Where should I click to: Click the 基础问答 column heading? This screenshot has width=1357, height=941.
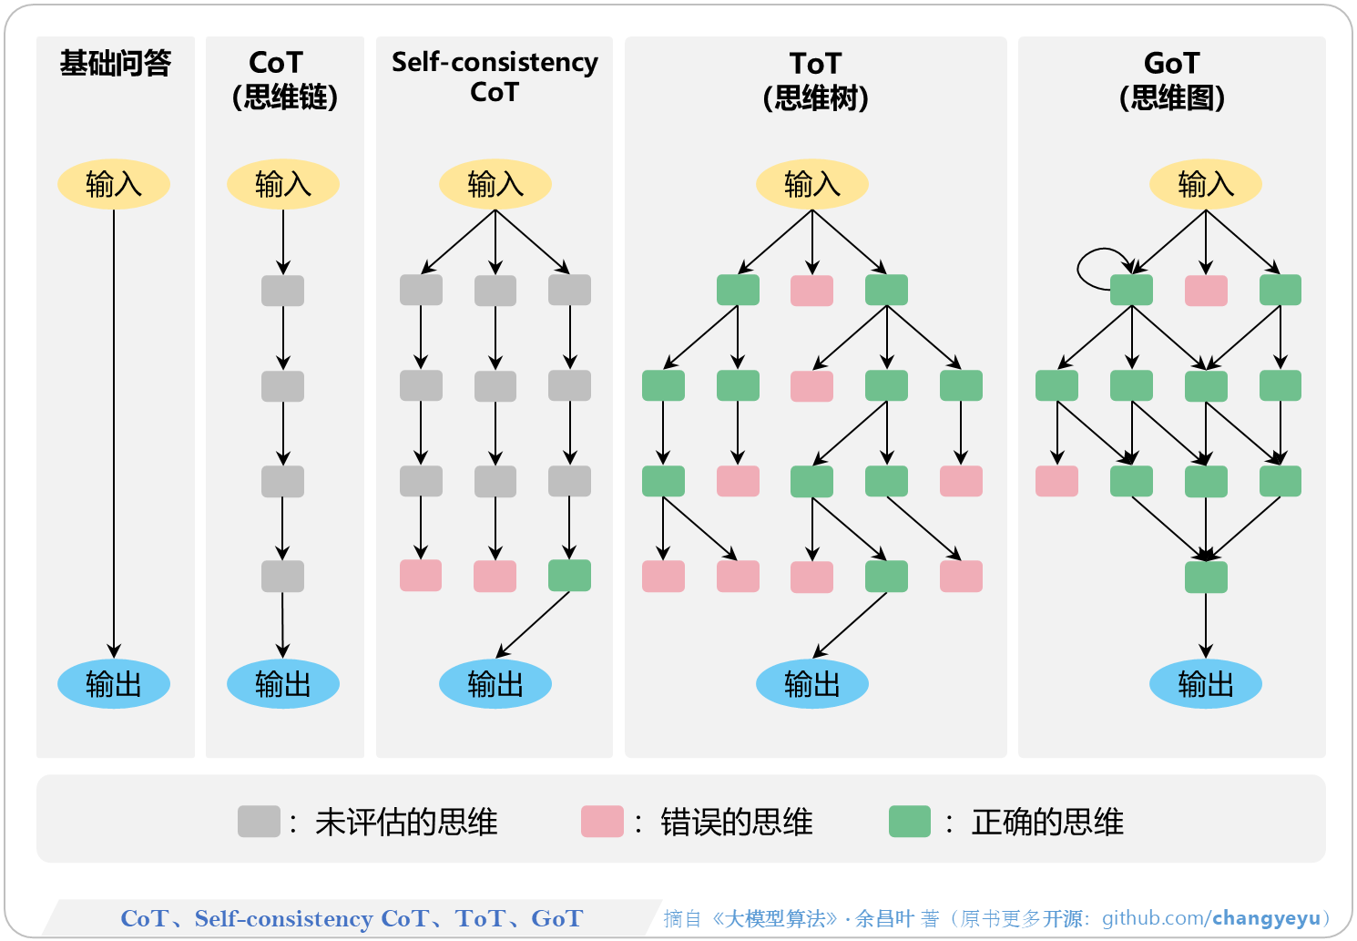[115, 63]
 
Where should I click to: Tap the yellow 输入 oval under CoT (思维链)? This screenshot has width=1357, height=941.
[283, 184]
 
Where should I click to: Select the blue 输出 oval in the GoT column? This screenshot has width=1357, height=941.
[1205, 683]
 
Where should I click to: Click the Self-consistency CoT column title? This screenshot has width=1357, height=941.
[495, 77]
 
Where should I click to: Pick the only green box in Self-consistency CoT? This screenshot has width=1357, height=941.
[569, 576]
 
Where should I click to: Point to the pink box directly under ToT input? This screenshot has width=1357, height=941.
[811, 291]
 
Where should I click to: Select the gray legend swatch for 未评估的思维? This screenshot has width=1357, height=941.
[259, 821]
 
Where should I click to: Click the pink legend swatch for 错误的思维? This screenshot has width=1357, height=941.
[602, 821]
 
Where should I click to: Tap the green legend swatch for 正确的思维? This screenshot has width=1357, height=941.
[909, 821]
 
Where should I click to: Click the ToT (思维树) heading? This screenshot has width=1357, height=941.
[815, 80]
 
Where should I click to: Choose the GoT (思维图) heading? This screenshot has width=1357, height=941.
[1171, 80]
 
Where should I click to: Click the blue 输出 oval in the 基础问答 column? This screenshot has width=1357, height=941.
[114, 683]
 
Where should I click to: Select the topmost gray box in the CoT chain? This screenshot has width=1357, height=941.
[282, 291]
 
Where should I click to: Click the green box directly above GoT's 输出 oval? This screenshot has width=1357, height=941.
[1206, 577]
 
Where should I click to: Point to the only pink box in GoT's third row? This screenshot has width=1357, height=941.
[1056, 481]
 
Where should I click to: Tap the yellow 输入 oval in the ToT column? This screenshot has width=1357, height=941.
[811, 184]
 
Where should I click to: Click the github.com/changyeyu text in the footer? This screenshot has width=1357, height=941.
[1210, 918]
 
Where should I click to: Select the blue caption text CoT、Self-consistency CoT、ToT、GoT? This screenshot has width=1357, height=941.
[352, 918]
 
